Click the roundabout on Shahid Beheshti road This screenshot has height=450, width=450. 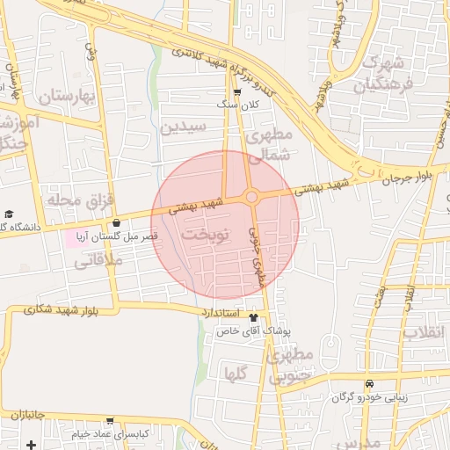pyautogui.click(x=251, y=198)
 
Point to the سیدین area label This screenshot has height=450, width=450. pyautogui.click(x=183, y=127)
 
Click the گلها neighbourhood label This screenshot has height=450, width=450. pyautogui.click(x=236, y=374)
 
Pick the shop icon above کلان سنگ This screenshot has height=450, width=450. pyautogui.click(x=237, y=91)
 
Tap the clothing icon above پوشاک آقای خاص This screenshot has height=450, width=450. pyautogui.click(x=254, y=317)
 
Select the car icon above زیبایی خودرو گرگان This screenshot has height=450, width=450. pyautogui.click(x=371, y=384)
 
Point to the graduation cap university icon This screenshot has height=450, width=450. pyautogui.click(x=9, y=214)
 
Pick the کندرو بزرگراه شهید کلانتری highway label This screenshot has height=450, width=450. pyautogui.click(x=214, y=60)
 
